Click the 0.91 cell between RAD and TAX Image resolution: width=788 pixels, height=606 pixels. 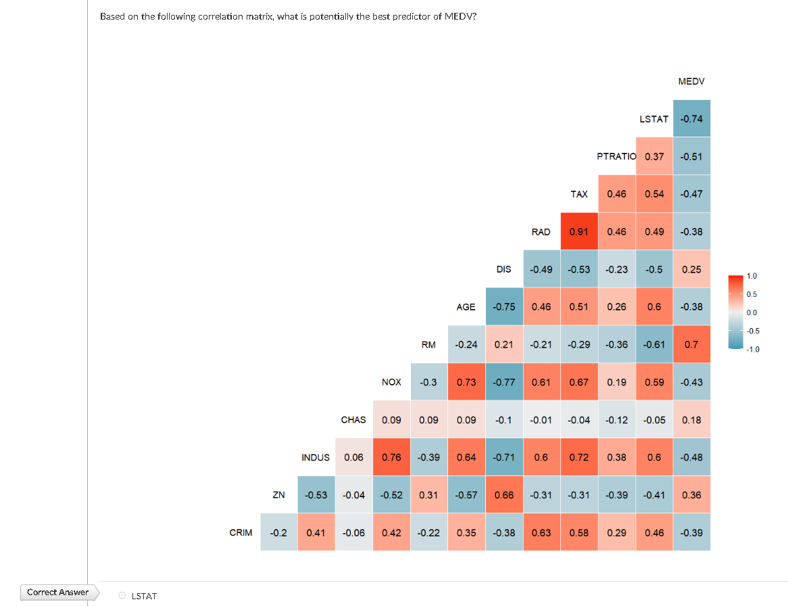pyautogui.click(x=578, y=231)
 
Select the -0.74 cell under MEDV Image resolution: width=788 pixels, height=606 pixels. pyautogui.click(x=691, y=119)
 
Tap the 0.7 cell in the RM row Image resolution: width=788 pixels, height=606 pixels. pyautogui.click(x=691, y=344)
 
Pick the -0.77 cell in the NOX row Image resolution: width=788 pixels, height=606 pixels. pyautogui.click(x=503, y=382)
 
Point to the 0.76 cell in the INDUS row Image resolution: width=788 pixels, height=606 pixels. pyautogui.click(x=391, y=457)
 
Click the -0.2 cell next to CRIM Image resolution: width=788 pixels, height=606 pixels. pyautogui.click(x=278, y=532)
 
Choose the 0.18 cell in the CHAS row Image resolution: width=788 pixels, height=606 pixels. pyautogui.click(x=691, y=419)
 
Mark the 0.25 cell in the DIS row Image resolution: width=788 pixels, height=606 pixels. pyautogui.click(x=691, y=269)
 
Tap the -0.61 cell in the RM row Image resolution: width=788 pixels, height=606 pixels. pyautogui.click(x=654, y=344)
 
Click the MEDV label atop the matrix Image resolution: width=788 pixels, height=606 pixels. pyautogui.click(x=691, y=81)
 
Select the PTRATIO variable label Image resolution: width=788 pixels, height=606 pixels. pyautogui.click(x=616, y=156)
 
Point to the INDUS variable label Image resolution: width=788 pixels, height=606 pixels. pyautogui.click(x=316, y=457)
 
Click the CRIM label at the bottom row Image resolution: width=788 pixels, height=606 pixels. pyautogui.click(x=241, y=532)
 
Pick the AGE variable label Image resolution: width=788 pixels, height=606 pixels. pyautogui.click(x=466, y=307)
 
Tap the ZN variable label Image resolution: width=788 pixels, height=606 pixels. pyautogui.click(x=278, y=494)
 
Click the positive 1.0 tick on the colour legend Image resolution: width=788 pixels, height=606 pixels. pyautogui.click(x=752, y=277)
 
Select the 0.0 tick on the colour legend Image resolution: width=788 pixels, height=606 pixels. pyautogui.click(x=752, y=312)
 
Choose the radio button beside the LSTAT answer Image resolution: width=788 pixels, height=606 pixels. pyautogui.click(x=122, y=596)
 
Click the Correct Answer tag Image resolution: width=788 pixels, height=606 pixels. pyautogui.click(x=58, y=592)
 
